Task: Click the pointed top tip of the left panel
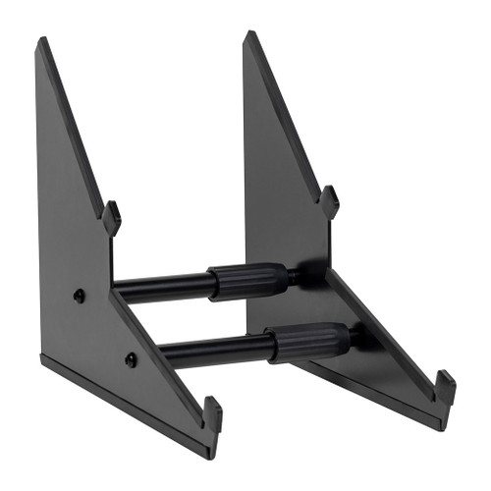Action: tap(42, 41)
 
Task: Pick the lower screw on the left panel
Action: tap(131, 359)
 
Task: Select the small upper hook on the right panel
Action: tap(330, 200)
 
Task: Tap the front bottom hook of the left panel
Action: tap(213, 413)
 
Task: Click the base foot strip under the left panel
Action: tap(118, 404)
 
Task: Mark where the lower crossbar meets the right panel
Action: tap(355, 340)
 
